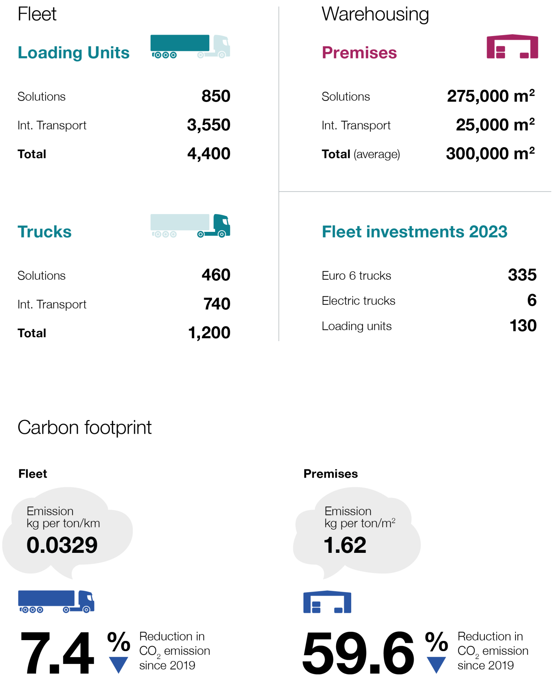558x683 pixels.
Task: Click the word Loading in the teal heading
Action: tap(50, 53)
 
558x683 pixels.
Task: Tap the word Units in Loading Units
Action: tap(108, 53)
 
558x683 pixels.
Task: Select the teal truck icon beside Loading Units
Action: tap(190, 46)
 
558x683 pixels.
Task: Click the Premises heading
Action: tap(359, 53)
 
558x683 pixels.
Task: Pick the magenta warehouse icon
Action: tap(512, 47)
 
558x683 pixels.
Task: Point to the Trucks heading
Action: tap(44, 232)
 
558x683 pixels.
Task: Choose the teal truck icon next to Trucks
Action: tap(190, 226)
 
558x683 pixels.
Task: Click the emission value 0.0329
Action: tap(62, 545)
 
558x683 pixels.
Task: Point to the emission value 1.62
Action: tap(345, 545)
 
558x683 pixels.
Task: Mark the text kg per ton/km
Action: tap(63, 524)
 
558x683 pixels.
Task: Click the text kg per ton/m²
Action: tap(360, 524)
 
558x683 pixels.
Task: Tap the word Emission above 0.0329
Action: tap(50, 511)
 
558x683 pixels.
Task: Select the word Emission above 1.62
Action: tap(348, 511)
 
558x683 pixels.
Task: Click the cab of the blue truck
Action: tap(86, 601)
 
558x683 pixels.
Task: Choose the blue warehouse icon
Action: tap(327, 602)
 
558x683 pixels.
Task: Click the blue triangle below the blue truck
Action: tap(118, 664)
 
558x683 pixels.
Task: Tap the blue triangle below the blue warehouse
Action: tap(436, 664)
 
